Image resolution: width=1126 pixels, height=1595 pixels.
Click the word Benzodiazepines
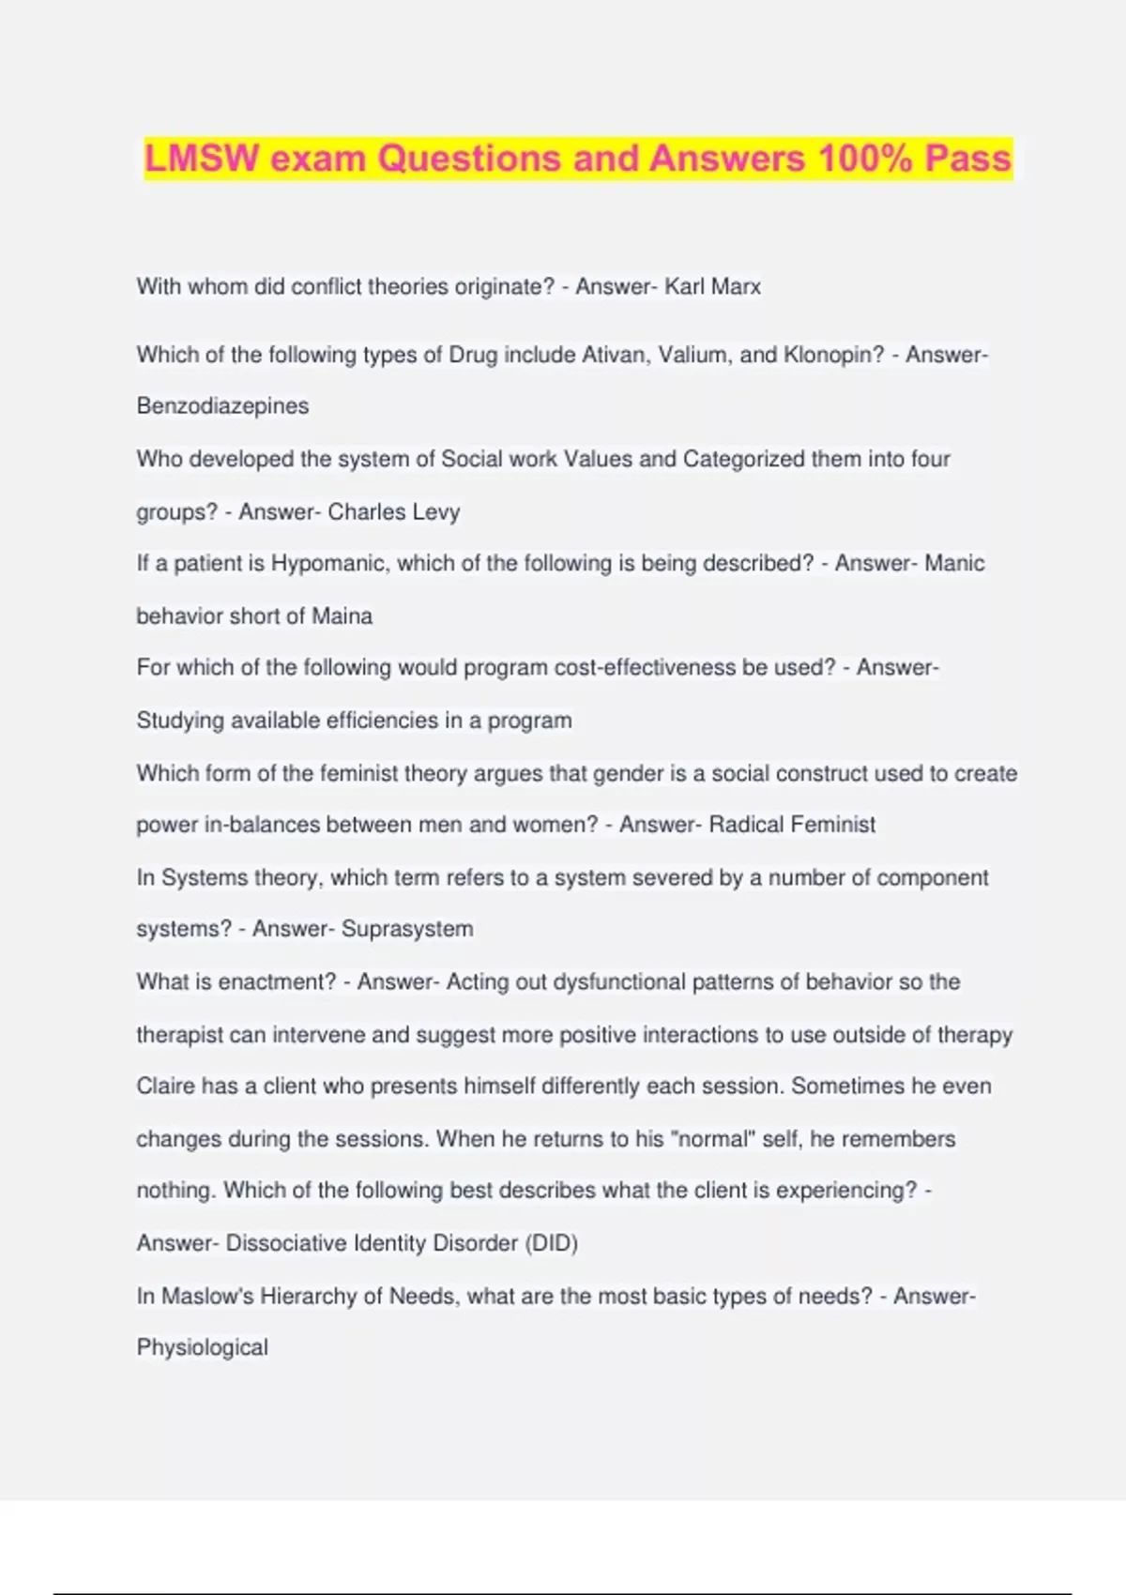tap(222, 406)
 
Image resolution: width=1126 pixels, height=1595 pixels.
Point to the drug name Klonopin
tap(833, 355)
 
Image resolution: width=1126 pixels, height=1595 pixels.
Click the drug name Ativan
tap(615, 355)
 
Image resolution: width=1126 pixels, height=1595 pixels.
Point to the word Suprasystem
tap(407, 929)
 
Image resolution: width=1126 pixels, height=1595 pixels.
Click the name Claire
tap(165, 1086)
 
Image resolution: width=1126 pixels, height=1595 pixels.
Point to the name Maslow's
tap(194, 1296)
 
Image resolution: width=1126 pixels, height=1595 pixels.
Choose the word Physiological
tap(202, 1347)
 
